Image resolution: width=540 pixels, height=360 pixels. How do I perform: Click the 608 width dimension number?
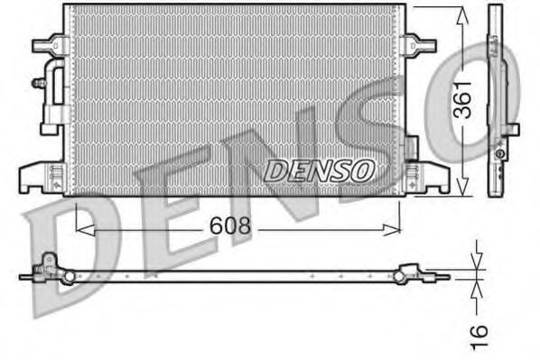[231, 226]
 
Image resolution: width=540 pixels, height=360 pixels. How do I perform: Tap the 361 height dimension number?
[462, 99]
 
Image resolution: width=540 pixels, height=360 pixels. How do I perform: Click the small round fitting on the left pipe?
[38, 83]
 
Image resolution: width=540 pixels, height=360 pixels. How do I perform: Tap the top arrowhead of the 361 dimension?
[462, 11]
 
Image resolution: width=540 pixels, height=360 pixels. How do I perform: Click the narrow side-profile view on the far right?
[497, 99]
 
